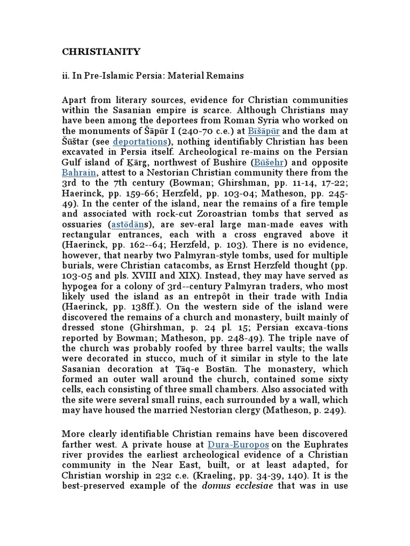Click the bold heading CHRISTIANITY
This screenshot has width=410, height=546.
point(101,52)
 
